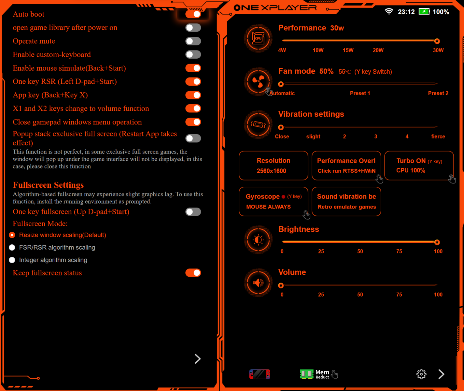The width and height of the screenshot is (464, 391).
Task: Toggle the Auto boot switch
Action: pos(193,14)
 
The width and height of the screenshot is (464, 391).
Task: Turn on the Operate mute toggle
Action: pos(193,41)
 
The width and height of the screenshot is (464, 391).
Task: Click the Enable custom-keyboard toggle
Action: pos(193,54)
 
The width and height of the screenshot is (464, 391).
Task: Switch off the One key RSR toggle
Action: pos(193,82)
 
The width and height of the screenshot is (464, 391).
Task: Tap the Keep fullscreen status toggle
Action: pos(193,273)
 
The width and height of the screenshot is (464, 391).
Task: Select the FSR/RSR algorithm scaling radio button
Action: pos(12,248)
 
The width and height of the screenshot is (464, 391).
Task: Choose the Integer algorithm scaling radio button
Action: pos(12,260)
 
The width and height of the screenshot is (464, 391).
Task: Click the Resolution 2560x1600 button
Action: pos(273,166)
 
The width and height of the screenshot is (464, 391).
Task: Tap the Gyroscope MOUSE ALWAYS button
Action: pos(273,201)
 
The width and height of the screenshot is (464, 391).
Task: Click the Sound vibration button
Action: pos(346,201)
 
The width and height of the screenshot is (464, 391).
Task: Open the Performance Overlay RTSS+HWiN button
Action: pos(346,166)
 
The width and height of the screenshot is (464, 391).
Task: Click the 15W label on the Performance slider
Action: pos(348,50)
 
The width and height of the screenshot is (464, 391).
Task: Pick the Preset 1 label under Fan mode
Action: pos(360,93)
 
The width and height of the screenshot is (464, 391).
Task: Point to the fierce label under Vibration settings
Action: pos(438,136)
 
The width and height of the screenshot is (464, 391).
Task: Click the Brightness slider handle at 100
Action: pos(437,242)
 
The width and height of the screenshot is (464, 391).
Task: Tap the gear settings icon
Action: pos(421,374)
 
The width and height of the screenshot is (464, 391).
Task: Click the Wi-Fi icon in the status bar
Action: pos(389,11)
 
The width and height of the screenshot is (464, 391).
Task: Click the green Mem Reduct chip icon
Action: pos(307,374)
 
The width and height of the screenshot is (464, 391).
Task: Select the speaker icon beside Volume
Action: pos(258,283)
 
